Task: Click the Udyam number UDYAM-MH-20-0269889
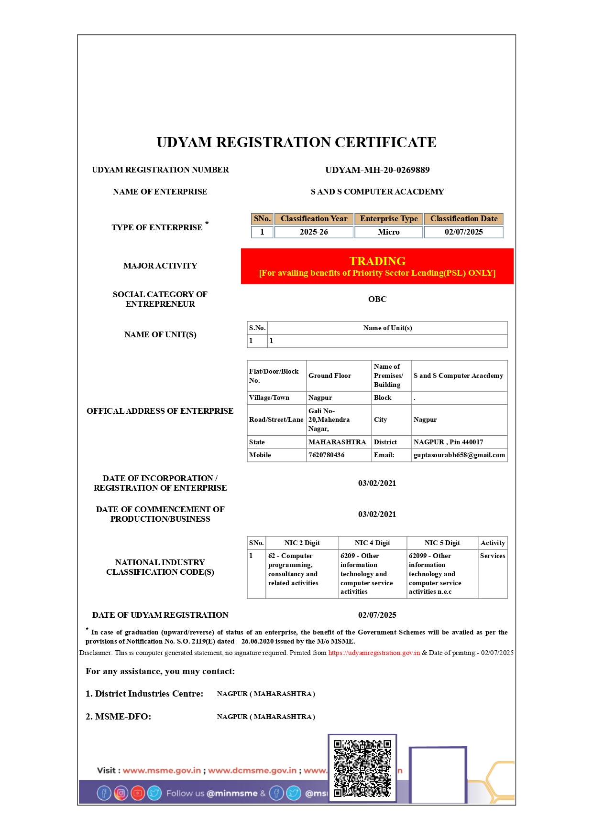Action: pos(377,170)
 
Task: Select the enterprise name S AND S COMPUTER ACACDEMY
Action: pos(377,192)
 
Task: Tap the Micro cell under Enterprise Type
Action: pos(388,232)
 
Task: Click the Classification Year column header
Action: pos(314,219)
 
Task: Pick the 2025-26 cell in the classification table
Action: pos(314,232)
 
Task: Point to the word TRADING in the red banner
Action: pos(377,261)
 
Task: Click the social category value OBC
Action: pos(377,299)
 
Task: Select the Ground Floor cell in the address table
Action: pos(330,376)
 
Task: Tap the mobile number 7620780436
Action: pos(327,455)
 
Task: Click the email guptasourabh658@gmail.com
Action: pos(459,455)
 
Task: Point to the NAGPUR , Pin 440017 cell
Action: pos(448,442)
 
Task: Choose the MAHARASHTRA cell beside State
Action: pos(337,442)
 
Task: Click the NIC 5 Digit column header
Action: pos(442,543)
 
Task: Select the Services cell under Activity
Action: pos(493,556)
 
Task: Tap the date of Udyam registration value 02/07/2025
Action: pos(377,615)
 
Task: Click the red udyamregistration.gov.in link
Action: pos(374,653)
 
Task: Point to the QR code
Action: pos(362,768)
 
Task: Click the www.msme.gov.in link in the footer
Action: pos(162,770)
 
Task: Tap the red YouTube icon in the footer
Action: pos(138,793)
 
